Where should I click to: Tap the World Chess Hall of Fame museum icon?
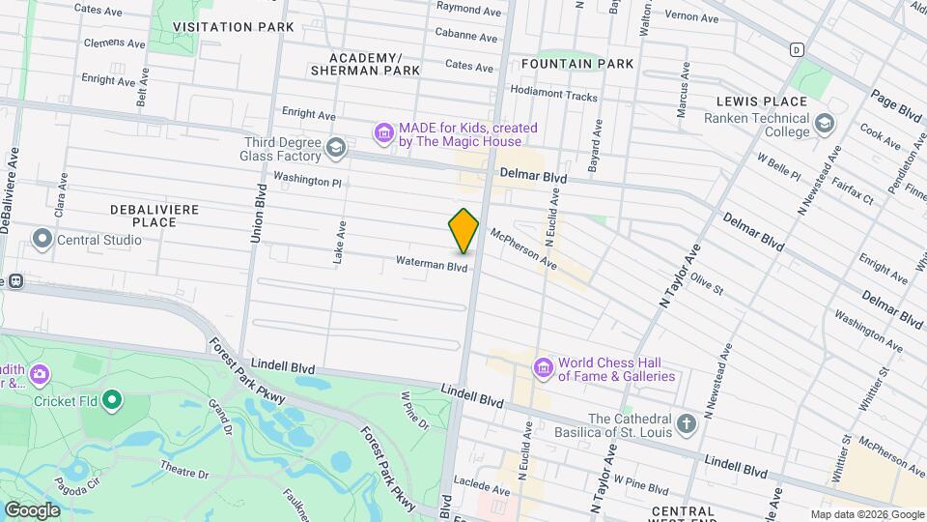543,367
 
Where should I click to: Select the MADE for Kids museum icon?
383,133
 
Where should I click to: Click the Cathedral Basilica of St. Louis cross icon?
686,424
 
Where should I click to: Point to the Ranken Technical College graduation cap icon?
824,124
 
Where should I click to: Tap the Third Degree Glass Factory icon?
335,148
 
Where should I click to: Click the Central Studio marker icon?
42,239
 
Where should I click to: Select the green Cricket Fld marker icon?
113,400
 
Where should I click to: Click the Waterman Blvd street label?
431,263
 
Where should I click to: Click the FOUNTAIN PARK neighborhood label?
576,64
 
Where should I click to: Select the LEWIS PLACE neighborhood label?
762,101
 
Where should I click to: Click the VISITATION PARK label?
234,27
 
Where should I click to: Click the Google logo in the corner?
32,509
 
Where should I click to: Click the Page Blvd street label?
896,104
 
